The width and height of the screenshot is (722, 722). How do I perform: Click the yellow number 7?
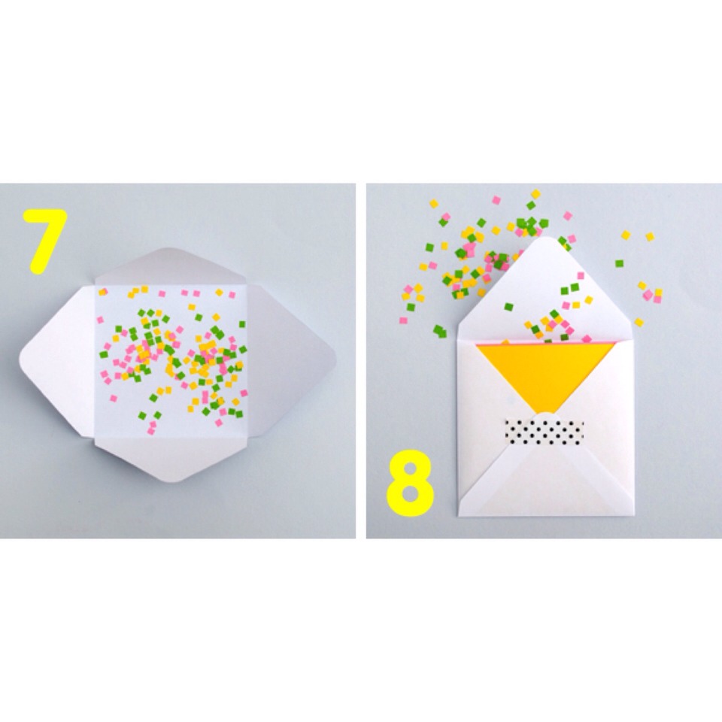44,239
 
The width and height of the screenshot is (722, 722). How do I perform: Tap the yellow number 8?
410,484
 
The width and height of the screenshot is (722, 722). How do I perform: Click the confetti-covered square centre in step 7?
170,362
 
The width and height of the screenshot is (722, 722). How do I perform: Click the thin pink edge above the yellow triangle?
546,343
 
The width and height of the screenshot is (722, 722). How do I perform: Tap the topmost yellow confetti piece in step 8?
535,194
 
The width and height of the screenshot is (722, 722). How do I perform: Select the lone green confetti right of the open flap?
619,264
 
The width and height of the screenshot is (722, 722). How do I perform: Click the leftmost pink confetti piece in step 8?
403,320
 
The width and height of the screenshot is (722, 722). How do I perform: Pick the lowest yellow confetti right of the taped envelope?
639,323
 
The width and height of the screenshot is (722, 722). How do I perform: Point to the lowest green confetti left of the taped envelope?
440,331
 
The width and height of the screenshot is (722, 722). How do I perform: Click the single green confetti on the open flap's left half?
508,307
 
